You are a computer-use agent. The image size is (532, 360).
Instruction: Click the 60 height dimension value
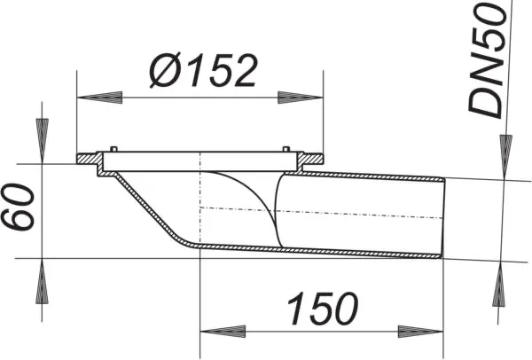click(20, 209)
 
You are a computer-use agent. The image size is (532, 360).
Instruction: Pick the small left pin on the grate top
click(112, 149)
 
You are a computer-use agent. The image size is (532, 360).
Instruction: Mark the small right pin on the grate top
click(285, 149)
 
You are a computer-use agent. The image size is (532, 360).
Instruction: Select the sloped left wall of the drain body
click(142, 208)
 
